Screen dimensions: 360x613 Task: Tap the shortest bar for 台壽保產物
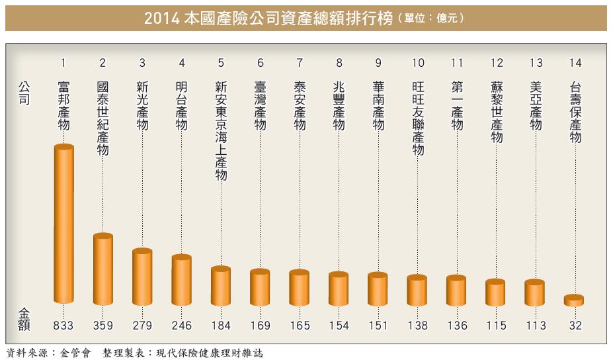pyautogui.click(x=574, y=300)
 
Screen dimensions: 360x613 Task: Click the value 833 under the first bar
pyautogui.click(x=63, y=326)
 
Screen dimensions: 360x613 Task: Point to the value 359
pyautogui.click(x=102, y=326)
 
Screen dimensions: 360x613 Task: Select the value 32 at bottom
pyautogui.click(x=574, y=326)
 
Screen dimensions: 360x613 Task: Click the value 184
pyautogui.click(x=220, y=326)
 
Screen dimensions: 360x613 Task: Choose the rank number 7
pyautogui.click(x=299, y=63)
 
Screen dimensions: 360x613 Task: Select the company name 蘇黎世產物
pyautogui.click(x=496, y=112)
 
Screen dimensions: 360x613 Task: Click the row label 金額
pyautogui.click(x=24, y=318)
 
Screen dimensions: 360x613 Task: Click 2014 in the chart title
pyautogui.click(x=161, y=18)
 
